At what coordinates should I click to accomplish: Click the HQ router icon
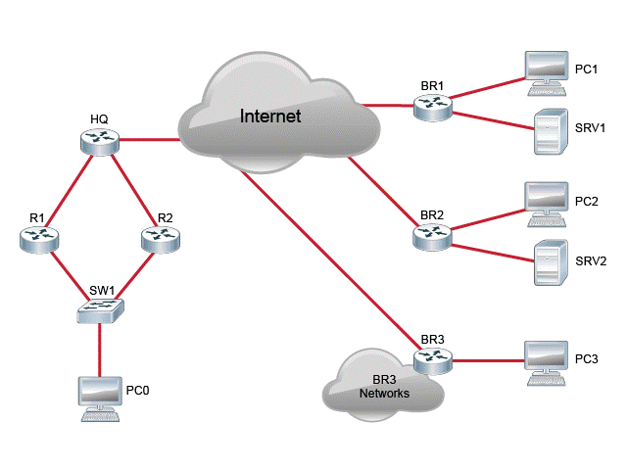click(x=99, y=141)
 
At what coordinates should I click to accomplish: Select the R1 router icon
click(x=38, y=236)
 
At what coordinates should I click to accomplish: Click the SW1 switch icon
click(x=101, y=310)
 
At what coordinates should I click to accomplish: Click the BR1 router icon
click(x=432, y=108)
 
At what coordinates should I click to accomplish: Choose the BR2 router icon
click(x=431, y=235)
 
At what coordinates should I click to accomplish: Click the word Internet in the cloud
click(x=270, y=117)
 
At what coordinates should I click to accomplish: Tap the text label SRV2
click(x=590, y=261)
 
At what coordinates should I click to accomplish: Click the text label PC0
click(x=138, y=391)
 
